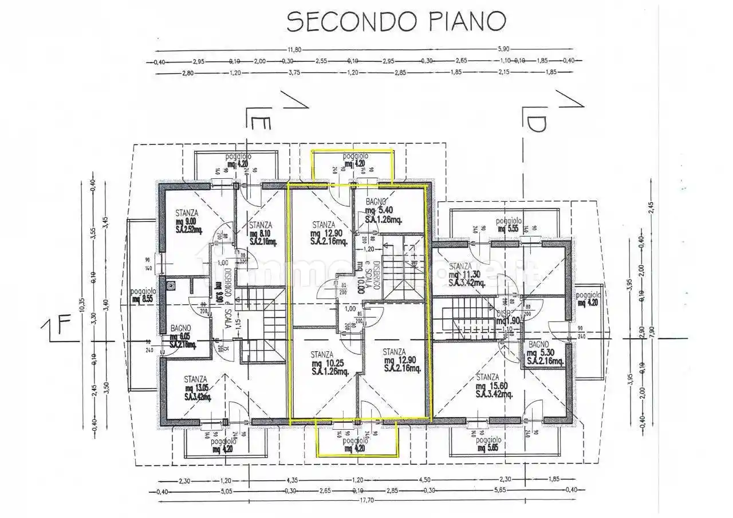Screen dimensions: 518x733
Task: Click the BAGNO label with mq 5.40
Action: click(376, 201)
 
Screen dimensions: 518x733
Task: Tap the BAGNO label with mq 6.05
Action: click(181, 328)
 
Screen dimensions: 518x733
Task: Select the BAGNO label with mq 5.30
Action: click(539, 344)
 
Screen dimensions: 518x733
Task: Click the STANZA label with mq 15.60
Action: click(487, 377)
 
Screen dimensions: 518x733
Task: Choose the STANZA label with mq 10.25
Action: click(322, 354)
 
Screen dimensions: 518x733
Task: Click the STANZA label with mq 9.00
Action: click(187, 213)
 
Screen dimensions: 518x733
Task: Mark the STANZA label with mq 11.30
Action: click(460, 266)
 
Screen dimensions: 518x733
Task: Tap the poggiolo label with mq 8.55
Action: click(141, 291)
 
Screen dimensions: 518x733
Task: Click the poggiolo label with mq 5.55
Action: click(508, 221)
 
